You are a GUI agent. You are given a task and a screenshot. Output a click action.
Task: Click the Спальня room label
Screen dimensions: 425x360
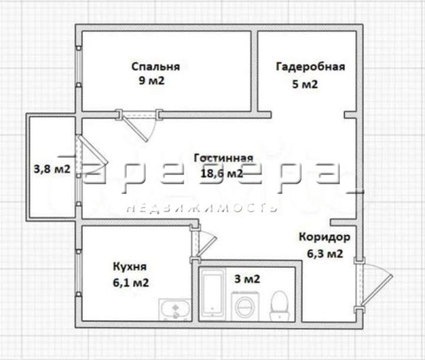(x=155, y=67)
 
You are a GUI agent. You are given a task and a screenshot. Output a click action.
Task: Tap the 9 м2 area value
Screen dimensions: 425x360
(x=151, y=81)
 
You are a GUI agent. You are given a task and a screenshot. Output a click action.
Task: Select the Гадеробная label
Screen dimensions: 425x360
(x=311, y=67)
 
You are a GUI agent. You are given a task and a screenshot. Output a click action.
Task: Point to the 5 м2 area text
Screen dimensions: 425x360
(x=305, y=84)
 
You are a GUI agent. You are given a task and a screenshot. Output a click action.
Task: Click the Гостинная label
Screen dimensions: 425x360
(x=224, y=158)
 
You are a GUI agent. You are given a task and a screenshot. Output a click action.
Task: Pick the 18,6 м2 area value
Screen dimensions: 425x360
(x=221, y=173)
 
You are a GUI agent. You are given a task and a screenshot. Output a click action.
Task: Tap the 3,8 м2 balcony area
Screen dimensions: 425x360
(x=51, y=169)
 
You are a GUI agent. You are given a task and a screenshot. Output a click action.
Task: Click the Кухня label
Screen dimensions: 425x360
(x=130, y=267)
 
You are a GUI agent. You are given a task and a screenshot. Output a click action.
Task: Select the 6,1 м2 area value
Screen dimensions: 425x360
(x=131, y=283)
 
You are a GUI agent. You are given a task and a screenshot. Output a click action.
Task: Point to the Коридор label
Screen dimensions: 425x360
(x=324, y=237)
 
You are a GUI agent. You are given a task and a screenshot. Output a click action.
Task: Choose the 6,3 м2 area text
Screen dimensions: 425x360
(x=324, y=254)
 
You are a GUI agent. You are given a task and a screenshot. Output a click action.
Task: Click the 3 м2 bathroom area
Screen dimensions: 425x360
(x=247, y=279)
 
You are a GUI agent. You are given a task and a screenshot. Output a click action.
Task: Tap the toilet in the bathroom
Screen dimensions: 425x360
(x=280, y=305)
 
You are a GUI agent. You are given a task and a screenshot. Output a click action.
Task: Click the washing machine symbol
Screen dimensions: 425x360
(x=245, y=306)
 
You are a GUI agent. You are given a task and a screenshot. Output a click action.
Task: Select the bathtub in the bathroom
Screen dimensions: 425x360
(x=212, y=295)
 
